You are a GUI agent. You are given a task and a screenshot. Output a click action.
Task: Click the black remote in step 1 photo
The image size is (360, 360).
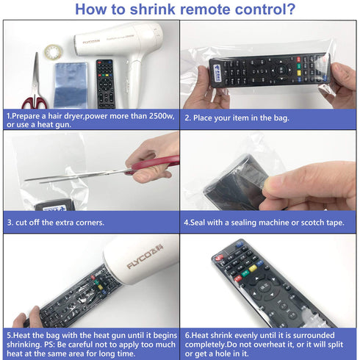coord(104,82)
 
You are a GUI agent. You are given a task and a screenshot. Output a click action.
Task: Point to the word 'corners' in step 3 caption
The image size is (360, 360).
coord(85,222)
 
